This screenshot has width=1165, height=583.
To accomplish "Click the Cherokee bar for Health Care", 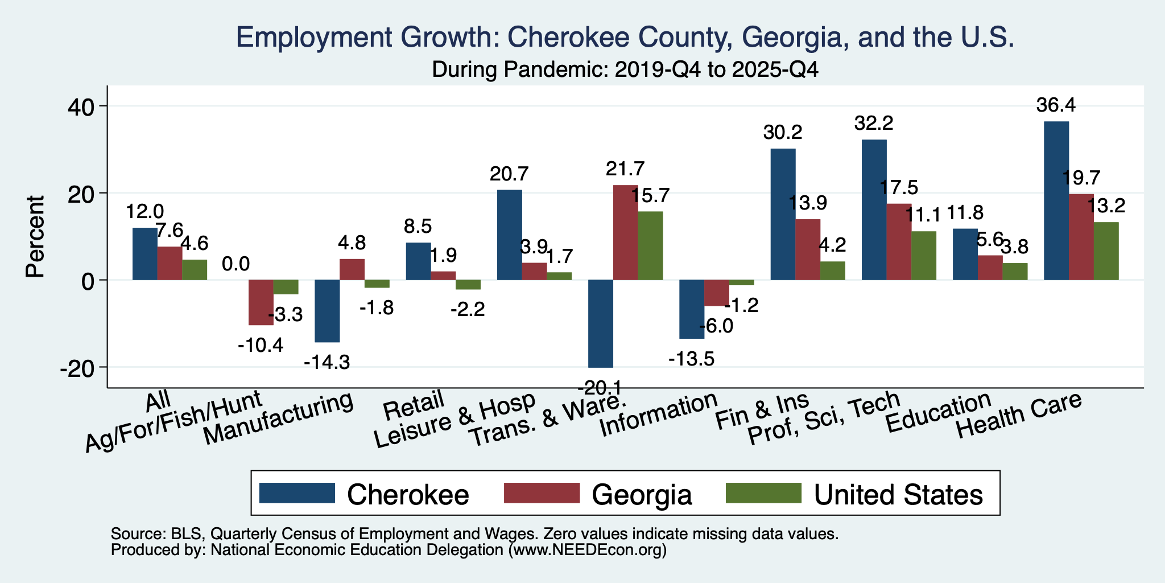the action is (1056, 200).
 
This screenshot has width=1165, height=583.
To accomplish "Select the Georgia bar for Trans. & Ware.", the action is (625, 232).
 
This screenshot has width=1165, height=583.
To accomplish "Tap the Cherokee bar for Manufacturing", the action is (327, 311).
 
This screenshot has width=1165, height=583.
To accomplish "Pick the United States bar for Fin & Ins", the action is (833, 270).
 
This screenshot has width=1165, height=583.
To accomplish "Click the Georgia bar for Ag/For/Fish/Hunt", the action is (261, 302).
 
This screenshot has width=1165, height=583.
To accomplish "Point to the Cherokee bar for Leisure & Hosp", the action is (510, 235).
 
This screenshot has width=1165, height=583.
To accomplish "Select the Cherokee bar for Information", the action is (692, 309).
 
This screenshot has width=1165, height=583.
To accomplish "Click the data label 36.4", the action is (1056, 106).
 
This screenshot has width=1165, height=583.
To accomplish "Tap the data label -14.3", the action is (327, 362).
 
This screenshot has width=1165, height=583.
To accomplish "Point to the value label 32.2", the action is (874, 124).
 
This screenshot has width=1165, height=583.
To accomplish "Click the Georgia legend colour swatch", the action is (542, 493).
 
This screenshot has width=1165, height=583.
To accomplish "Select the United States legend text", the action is (898, 494).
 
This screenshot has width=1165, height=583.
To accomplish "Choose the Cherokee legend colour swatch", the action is (296, 493).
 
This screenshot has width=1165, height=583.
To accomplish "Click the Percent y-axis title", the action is (35, 236).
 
